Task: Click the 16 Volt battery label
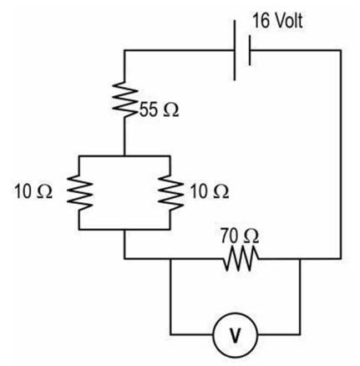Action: click(277, 21)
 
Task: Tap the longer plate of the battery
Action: click(235, 50)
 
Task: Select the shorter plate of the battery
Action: click(250, 50)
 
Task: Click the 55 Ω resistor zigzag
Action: click(125, 99)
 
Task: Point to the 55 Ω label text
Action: click(159, 109)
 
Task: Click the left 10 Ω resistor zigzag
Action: click(79, 193)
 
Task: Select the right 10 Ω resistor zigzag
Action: click(170, 193)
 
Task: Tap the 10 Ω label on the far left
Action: click(33, 191)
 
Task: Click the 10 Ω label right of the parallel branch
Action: click(210, 191)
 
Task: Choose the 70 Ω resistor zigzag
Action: click(241, 259)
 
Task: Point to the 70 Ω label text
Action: click(240, 236)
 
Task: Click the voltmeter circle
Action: click(236, 313)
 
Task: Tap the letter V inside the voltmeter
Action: click(236, 335)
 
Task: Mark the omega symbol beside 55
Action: click(170, 110)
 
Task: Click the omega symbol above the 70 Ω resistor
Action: click(251, 236)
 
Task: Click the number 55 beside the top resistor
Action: click(149, 109)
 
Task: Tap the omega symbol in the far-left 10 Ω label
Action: click(44, 192)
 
